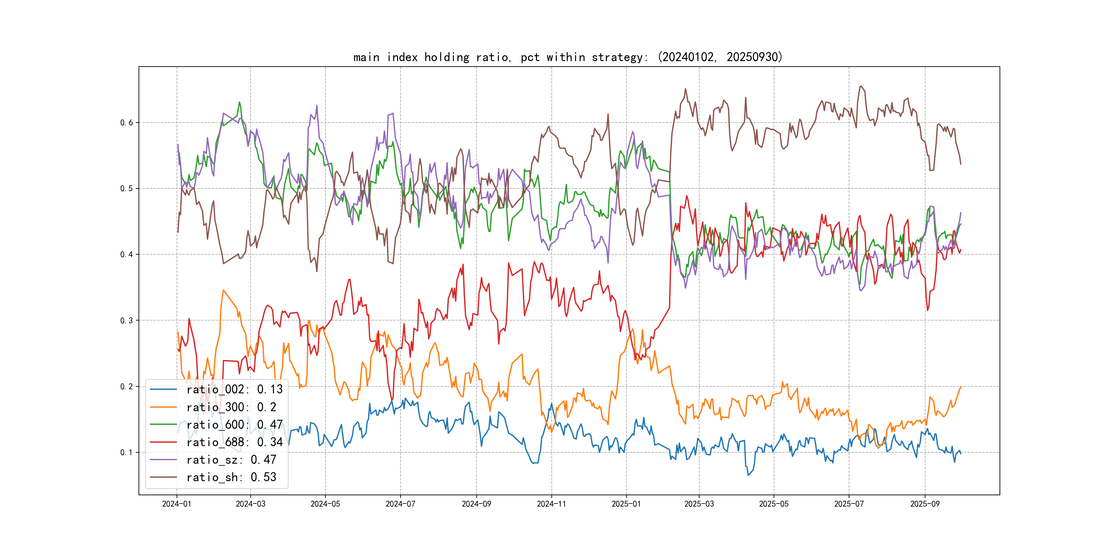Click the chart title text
(x=568, y=57)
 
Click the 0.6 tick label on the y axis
(x=127, y=123)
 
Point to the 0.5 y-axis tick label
(x=127, y=189)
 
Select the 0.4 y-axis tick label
(x=127, y=255)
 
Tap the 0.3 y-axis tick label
(x=127, y=320)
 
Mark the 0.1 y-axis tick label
(x=127, y=452)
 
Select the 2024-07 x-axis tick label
(x=400, y=504)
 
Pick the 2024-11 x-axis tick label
(x=551, y=504)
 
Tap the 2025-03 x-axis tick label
(x=699, y=504)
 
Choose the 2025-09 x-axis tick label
(x=925, y=504)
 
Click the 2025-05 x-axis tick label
(x=774, y=504)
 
